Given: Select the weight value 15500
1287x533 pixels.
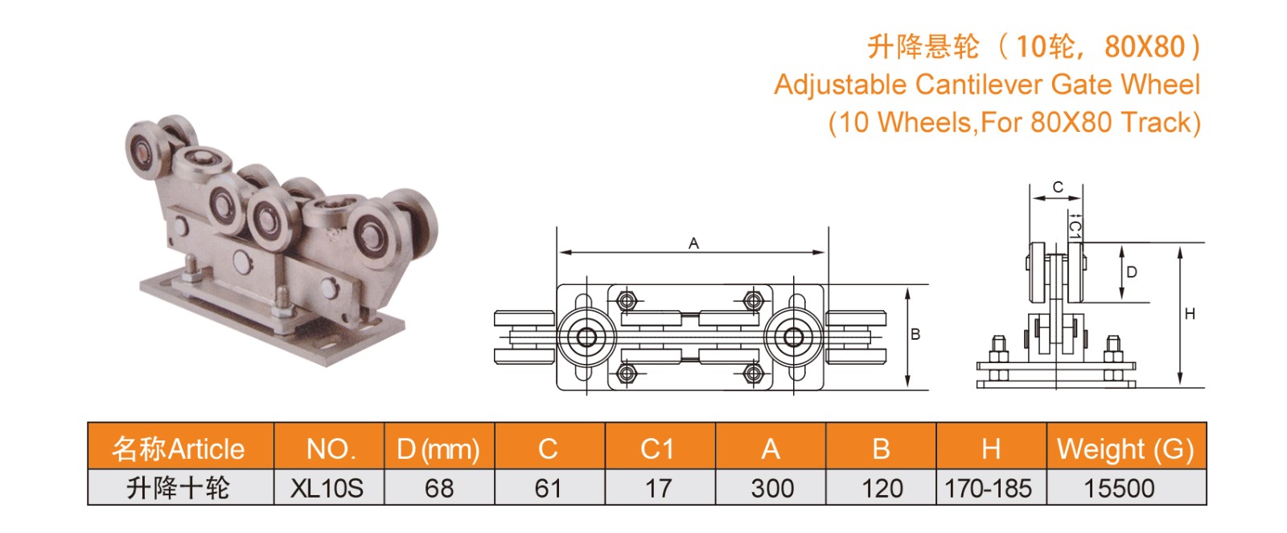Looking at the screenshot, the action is click(x=1119, y=488).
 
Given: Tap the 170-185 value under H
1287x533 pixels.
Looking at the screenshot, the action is click(x=989, y=488).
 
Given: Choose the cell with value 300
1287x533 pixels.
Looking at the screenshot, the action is click(x=772, y=488).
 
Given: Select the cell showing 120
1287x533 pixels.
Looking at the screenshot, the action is click(x=882, y=488).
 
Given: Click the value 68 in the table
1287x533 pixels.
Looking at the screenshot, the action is click(x=439, y=488).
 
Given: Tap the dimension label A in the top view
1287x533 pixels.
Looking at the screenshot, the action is click(x=693, y=244).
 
